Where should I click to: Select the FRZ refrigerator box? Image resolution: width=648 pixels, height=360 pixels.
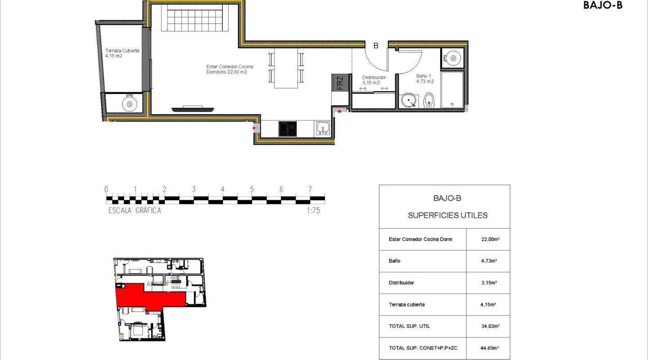click(x=340, y=82)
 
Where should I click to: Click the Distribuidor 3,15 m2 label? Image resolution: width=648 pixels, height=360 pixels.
click(x=374, y=80)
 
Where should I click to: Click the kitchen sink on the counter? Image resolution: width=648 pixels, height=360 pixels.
click(x=323, y=129)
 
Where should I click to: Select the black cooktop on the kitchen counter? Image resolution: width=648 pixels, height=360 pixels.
click(x=287, y=129)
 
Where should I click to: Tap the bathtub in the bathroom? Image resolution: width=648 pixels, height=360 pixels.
click(x=452, y=90)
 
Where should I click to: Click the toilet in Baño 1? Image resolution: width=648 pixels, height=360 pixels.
click(x=429, y=101)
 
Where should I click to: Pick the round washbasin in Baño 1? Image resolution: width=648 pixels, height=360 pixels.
click(x=409, y=101)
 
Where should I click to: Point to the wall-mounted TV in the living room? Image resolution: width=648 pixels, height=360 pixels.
click(x=193, y=108)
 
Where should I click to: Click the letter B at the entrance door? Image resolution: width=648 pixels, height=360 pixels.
click(x=376, y=45)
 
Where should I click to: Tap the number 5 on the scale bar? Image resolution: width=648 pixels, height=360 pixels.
click(x=252, y=189)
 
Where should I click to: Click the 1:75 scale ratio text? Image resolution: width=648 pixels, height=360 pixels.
click(x=313, y=210)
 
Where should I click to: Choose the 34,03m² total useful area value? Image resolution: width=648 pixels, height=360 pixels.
click(x=488, y=326)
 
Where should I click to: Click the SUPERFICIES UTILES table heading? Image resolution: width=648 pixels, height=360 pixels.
click(x=447, y=216)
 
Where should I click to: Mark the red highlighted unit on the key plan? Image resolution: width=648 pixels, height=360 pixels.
click(x=148, y=297)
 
